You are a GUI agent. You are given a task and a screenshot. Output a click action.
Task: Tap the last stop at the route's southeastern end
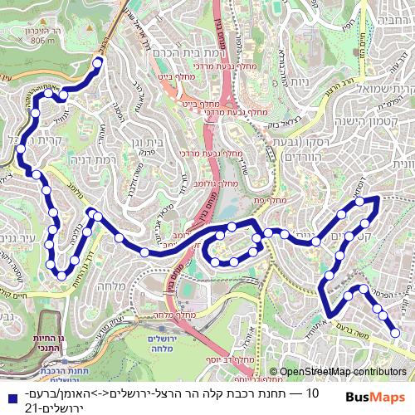point(396,333)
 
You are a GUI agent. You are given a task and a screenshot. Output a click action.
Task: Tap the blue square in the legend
point(8,395)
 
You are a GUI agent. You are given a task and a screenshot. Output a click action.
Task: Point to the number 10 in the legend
point(313,393)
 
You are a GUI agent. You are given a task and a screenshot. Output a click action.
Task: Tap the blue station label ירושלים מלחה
point(150,346)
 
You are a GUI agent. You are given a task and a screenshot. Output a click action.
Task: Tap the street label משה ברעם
point(355,329)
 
